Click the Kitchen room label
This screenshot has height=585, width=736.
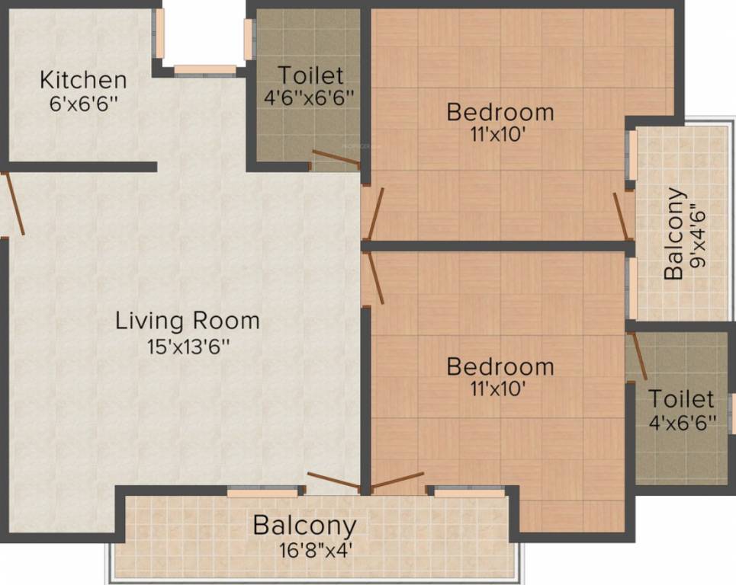coord(83,79)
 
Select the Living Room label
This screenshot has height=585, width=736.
coord(188,321)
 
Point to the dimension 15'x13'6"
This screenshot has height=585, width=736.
coord(188,346)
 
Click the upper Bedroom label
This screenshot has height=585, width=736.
coord(500,113)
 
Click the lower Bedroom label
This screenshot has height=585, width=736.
coord(500,366)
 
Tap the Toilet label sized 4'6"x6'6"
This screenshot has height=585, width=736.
coord(310,75)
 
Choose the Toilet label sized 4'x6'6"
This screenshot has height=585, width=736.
coord(681,398)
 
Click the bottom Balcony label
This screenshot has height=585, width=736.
coord(304,526)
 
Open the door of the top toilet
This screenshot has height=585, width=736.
coord(336,160)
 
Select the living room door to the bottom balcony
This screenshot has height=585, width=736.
coord(335,482)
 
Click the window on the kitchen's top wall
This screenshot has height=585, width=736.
coord(204,70)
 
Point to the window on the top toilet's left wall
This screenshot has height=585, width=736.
coord(249,39)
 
